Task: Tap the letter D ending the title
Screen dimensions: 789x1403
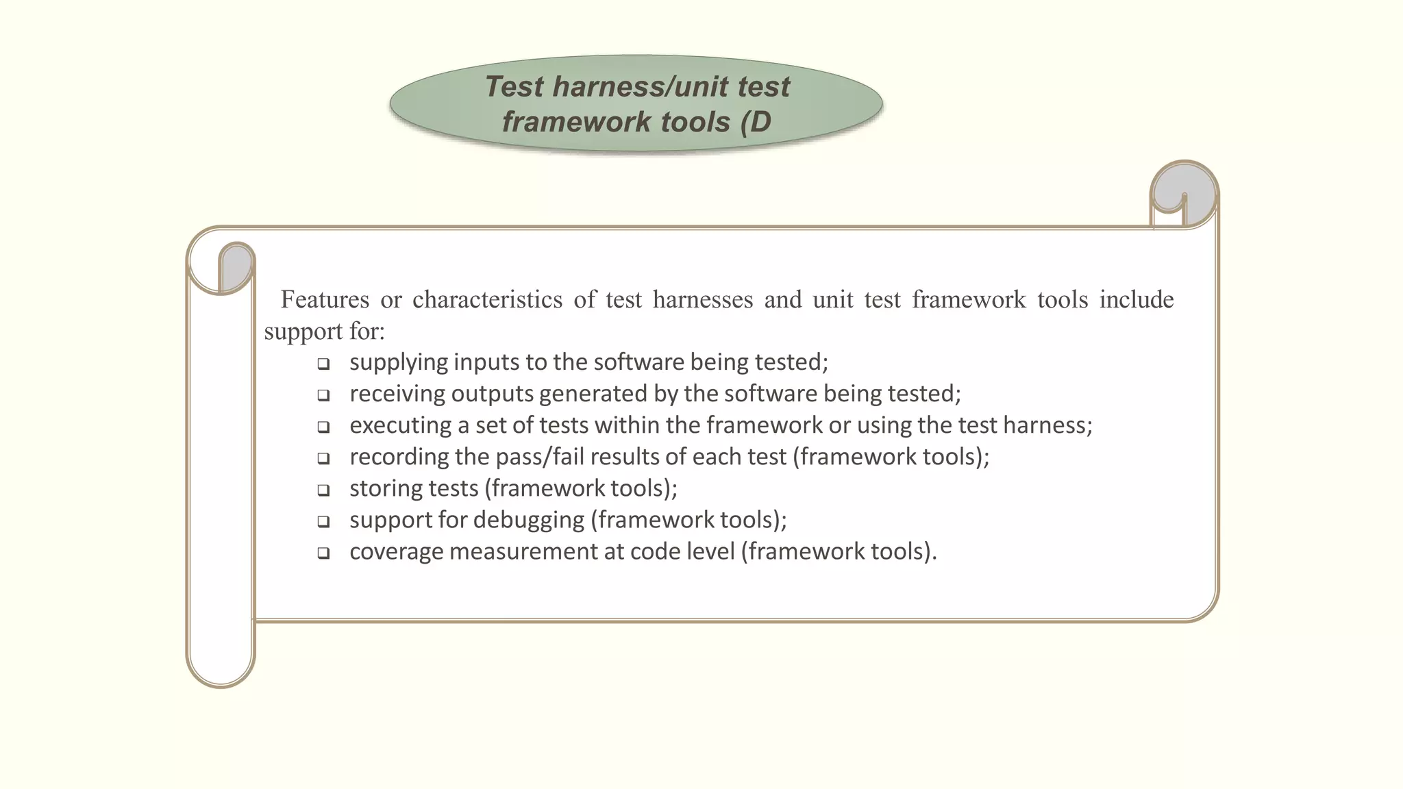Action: (760, 123)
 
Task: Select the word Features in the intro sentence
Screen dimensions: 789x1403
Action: (324, 299)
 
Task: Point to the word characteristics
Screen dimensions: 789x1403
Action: (487, 299)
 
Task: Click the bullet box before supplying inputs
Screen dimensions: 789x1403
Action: (323, 364)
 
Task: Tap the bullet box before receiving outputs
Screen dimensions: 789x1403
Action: (323, 395)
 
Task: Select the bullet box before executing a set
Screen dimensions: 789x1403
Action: (323, 427)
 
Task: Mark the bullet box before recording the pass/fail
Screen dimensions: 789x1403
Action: (323, 458)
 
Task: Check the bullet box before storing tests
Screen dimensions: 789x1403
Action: (323, 490)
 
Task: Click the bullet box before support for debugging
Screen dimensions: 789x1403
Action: (323, 521)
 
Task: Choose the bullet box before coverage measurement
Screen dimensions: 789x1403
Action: (323, 553)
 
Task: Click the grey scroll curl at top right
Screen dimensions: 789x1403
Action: (1184, 192)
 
